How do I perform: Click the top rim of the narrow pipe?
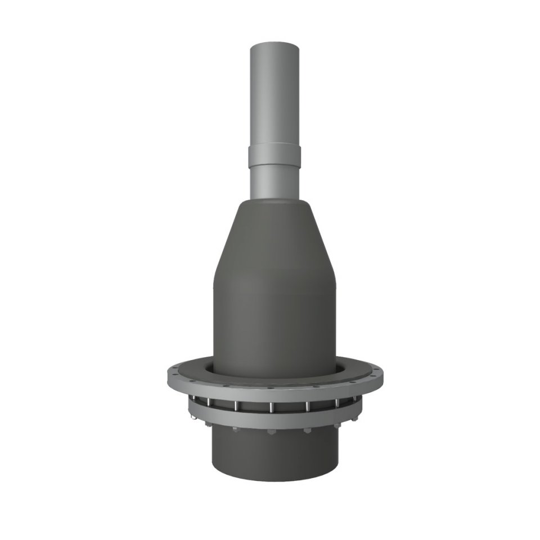(x=274, y=44)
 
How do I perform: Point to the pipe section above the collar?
(x=274, y=96)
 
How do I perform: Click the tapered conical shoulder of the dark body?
(x=274, y=236)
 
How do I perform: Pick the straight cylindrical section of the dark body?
(x=274, y=321)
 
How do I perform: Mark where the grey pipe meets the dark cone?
(x=274, y=199)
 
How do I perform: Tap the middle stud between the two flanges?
(x=272, y=407)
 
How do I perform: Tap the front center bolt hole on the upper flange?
(x=274, y=388)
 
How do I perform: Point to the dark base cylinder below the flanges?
(x=274, y=456)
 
